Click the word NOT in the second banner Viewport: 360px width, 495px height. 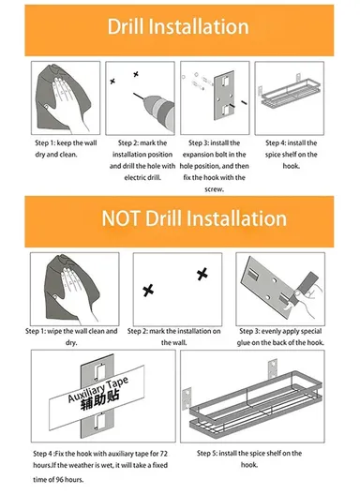121,218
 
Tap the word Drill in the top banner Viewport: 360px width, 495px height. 126,26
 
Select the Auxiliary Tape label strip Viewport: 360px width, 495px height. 97,397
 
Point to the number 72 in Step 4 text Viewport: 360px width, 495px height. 163,454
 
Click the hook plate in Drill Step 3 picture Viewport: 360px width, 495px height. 224,96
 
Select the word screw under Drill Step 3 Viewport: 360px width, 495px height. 214,189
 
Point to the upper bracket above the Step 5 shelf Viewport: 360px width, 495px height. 273,368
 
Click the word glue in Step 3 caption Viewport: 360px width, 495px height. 244,342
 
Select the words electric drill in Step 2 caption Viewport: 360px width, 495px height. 142,177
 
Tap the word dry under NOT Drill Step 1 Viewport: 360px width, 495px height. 71,343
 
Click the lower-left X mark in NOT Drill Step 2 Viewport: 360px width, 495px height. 148,291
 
